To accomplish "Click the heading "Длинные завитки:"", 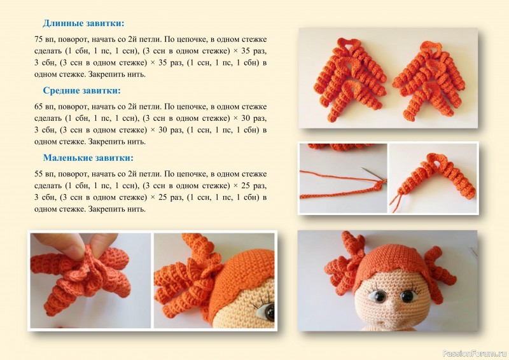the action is tap(83, 24).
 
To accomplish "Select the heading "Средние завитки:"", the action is tap(81, 90).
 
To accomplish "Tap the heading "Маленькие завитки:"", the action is tap(88, 158).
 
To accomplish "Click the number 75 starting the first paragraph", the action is tap(39, 39).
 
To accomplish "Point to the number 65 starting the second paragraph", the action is tap(39, 107).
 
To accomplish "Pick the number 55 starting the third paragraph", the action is tap(39, 174).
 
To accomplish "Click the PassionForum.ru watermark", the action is tap(475, 353).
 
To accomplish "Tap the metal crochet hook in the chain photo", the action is tap(373, 176).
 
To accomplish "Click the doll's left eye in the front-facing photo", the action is tap(377, 295).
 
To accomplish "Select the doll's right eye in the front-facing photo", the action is tap(407, 295).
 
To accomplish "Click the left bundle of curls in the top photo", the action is tap(350, 80).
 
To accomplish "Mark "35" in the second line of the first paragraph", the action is tap(246, 52).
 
